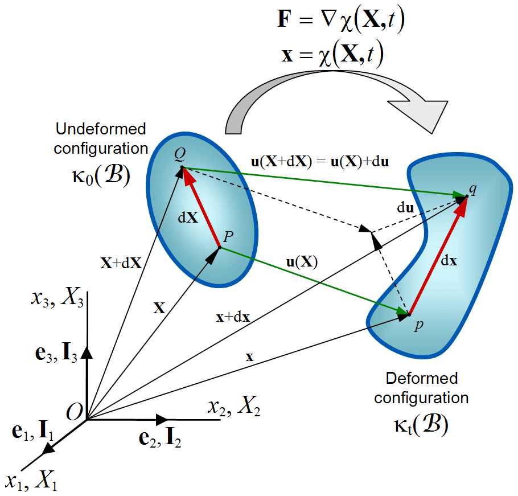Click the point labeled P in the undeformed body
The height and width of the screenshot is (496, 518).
220,247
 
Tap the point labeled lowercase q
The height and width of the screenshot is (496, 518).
467,196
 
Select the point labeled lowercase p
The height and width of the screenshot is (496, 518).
409,314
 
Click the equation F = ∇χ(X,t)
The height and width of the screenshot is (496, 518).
340,22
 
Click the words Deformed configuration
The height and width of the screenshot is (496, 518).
422,388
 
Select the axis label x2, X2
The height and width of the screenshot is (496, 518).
234,407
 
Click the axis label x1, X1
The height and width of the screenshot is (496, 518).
31,482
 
